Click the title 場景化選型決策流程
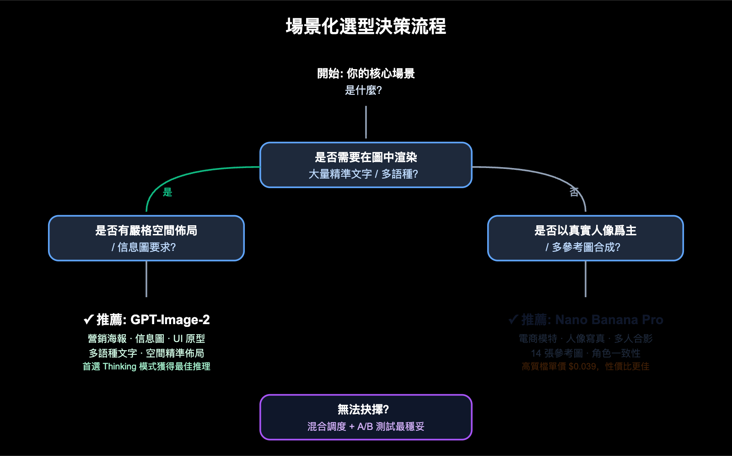pos(366,26)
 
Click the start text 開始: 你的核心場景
pos(366,73)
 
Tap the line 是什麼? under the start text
pos(363,90)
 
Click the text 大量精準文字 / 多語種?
pos(363,174)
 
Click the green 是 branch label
pos(167,192)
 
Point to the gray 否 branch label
pos(574,192)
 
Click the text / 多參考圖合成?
pos(583,247)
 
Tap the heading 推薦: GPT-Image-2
pos(153,320)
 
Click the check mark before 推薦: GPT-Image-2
pos(88,320)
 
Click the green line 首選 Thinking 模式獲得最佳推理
pos(146,367)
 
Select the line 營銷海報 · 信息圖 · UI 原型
pos(146,339)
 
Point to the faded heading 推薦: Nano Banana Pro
pos(592,320)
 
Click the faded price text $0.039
pos(582,367)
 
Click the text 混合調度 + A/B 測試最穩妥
pos(366,427)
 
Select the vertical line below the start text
pos(366,122)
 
